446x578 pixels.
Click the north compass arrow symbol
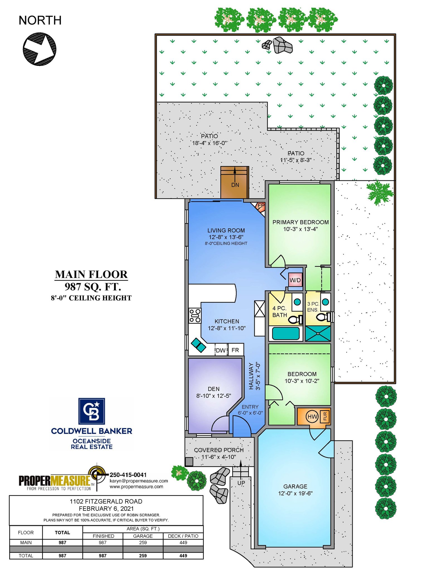click(39, 49)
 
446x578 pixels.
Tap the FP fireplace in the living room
click(260, 207)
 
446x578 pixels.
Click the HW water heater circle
click(312, 417)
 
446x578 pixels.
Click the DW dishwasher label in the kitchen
click(220, 350)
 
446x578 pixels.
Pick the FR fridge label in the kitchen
click(235, 350)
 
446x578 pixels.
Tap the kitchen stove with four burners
click(195, 315)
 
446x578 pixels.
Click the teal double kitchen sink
click(198, 345)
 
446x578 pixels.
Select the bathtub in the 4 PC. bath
click(286, 333)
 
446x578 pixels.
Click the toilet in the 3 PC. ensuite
click(323, 317)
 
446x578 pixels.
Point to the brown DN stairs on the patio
click(234, 183)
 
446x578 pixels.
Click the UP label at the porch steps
click(241, 483)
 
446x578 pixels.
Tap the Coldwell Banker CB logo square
click(92, 411)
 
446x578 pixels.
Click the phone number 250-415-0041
click(128, 475)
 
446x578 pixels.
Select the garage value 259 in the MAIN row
click(143, 543)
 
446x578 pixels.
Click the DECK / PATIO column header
click(183, 536)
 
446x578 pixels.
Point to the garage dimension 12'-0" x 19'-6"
click(295, 493)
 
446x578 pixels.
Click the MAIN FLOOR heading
click(91, 274)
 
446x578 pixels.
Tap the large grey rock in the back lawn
click(283, 45)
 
